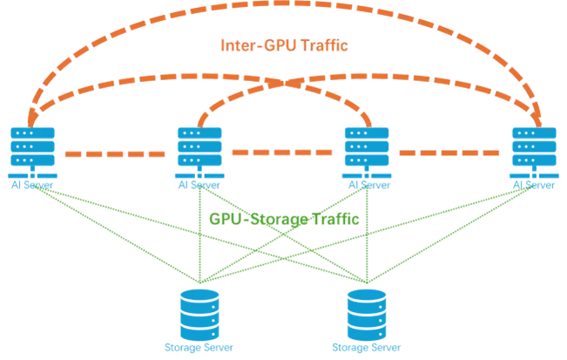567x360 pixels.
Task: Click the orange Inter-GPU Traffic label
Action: tap(284, 45)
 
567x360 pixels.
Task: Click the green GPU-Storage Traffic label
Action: tap(284, 218)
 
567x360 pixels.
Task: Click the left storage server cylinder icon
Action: tap(199, 314)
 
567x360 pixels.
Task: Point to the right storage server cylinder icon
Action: tap(367, 314)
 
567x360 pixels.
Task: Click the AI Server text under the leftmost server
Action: tap(32, 184)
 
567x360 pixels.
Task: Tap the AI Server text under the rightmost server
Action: tap(534, 184)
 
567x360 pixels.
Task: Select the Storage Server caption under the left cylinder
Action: tap(199, 347)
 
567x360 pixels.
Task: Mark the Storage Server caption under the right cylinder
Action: tap(367, 347)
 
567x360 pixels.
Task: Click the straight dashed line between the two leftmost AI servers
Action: tap(115, 153)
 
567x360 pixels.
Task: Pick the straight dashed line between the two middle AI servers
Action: tap(283, 153)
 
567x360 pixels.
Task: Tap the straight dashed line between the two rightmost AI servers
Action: tap(450, 153)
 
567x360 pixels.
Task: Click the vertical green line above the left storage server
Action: tap(199, 244)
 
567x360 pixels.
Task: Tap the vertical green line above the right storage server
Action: tap(367, 244)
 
